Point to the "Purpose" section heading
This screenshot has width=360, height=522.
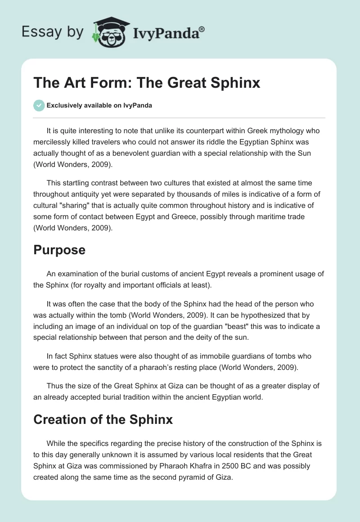click(59, 250)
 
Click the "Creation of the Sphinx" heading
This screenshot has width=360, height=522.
click(103, 419)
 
